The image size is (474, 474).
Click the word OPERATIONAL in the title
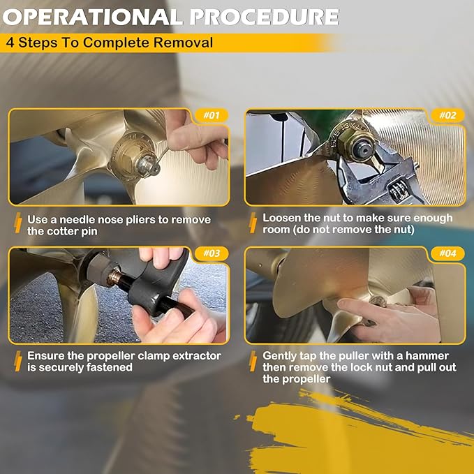coord(93,17)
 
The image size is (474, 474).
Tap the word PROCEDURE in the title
coord(264,17)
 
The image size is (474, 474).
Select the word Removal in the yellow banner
coord(183,43)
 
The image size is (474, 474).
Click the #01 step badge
coord(212,115)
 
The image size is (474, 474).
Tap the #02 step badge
coord(447,115)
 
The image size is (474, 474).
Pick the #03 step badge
coord(212,253)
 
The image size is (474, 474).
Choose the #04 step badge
coord(447,253)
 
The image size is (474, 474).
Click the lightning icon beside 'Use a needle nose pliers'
coord(18,223)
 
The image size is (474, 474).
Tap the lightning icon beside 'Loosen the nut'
coord(253,223)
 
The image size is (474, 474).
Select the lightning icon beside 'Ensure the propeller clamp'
coord(18,361)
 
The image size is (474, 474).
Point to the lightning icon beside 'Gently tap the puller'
coord(253,361)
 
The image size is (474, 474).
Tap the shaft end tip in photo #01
coord(147,165)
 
